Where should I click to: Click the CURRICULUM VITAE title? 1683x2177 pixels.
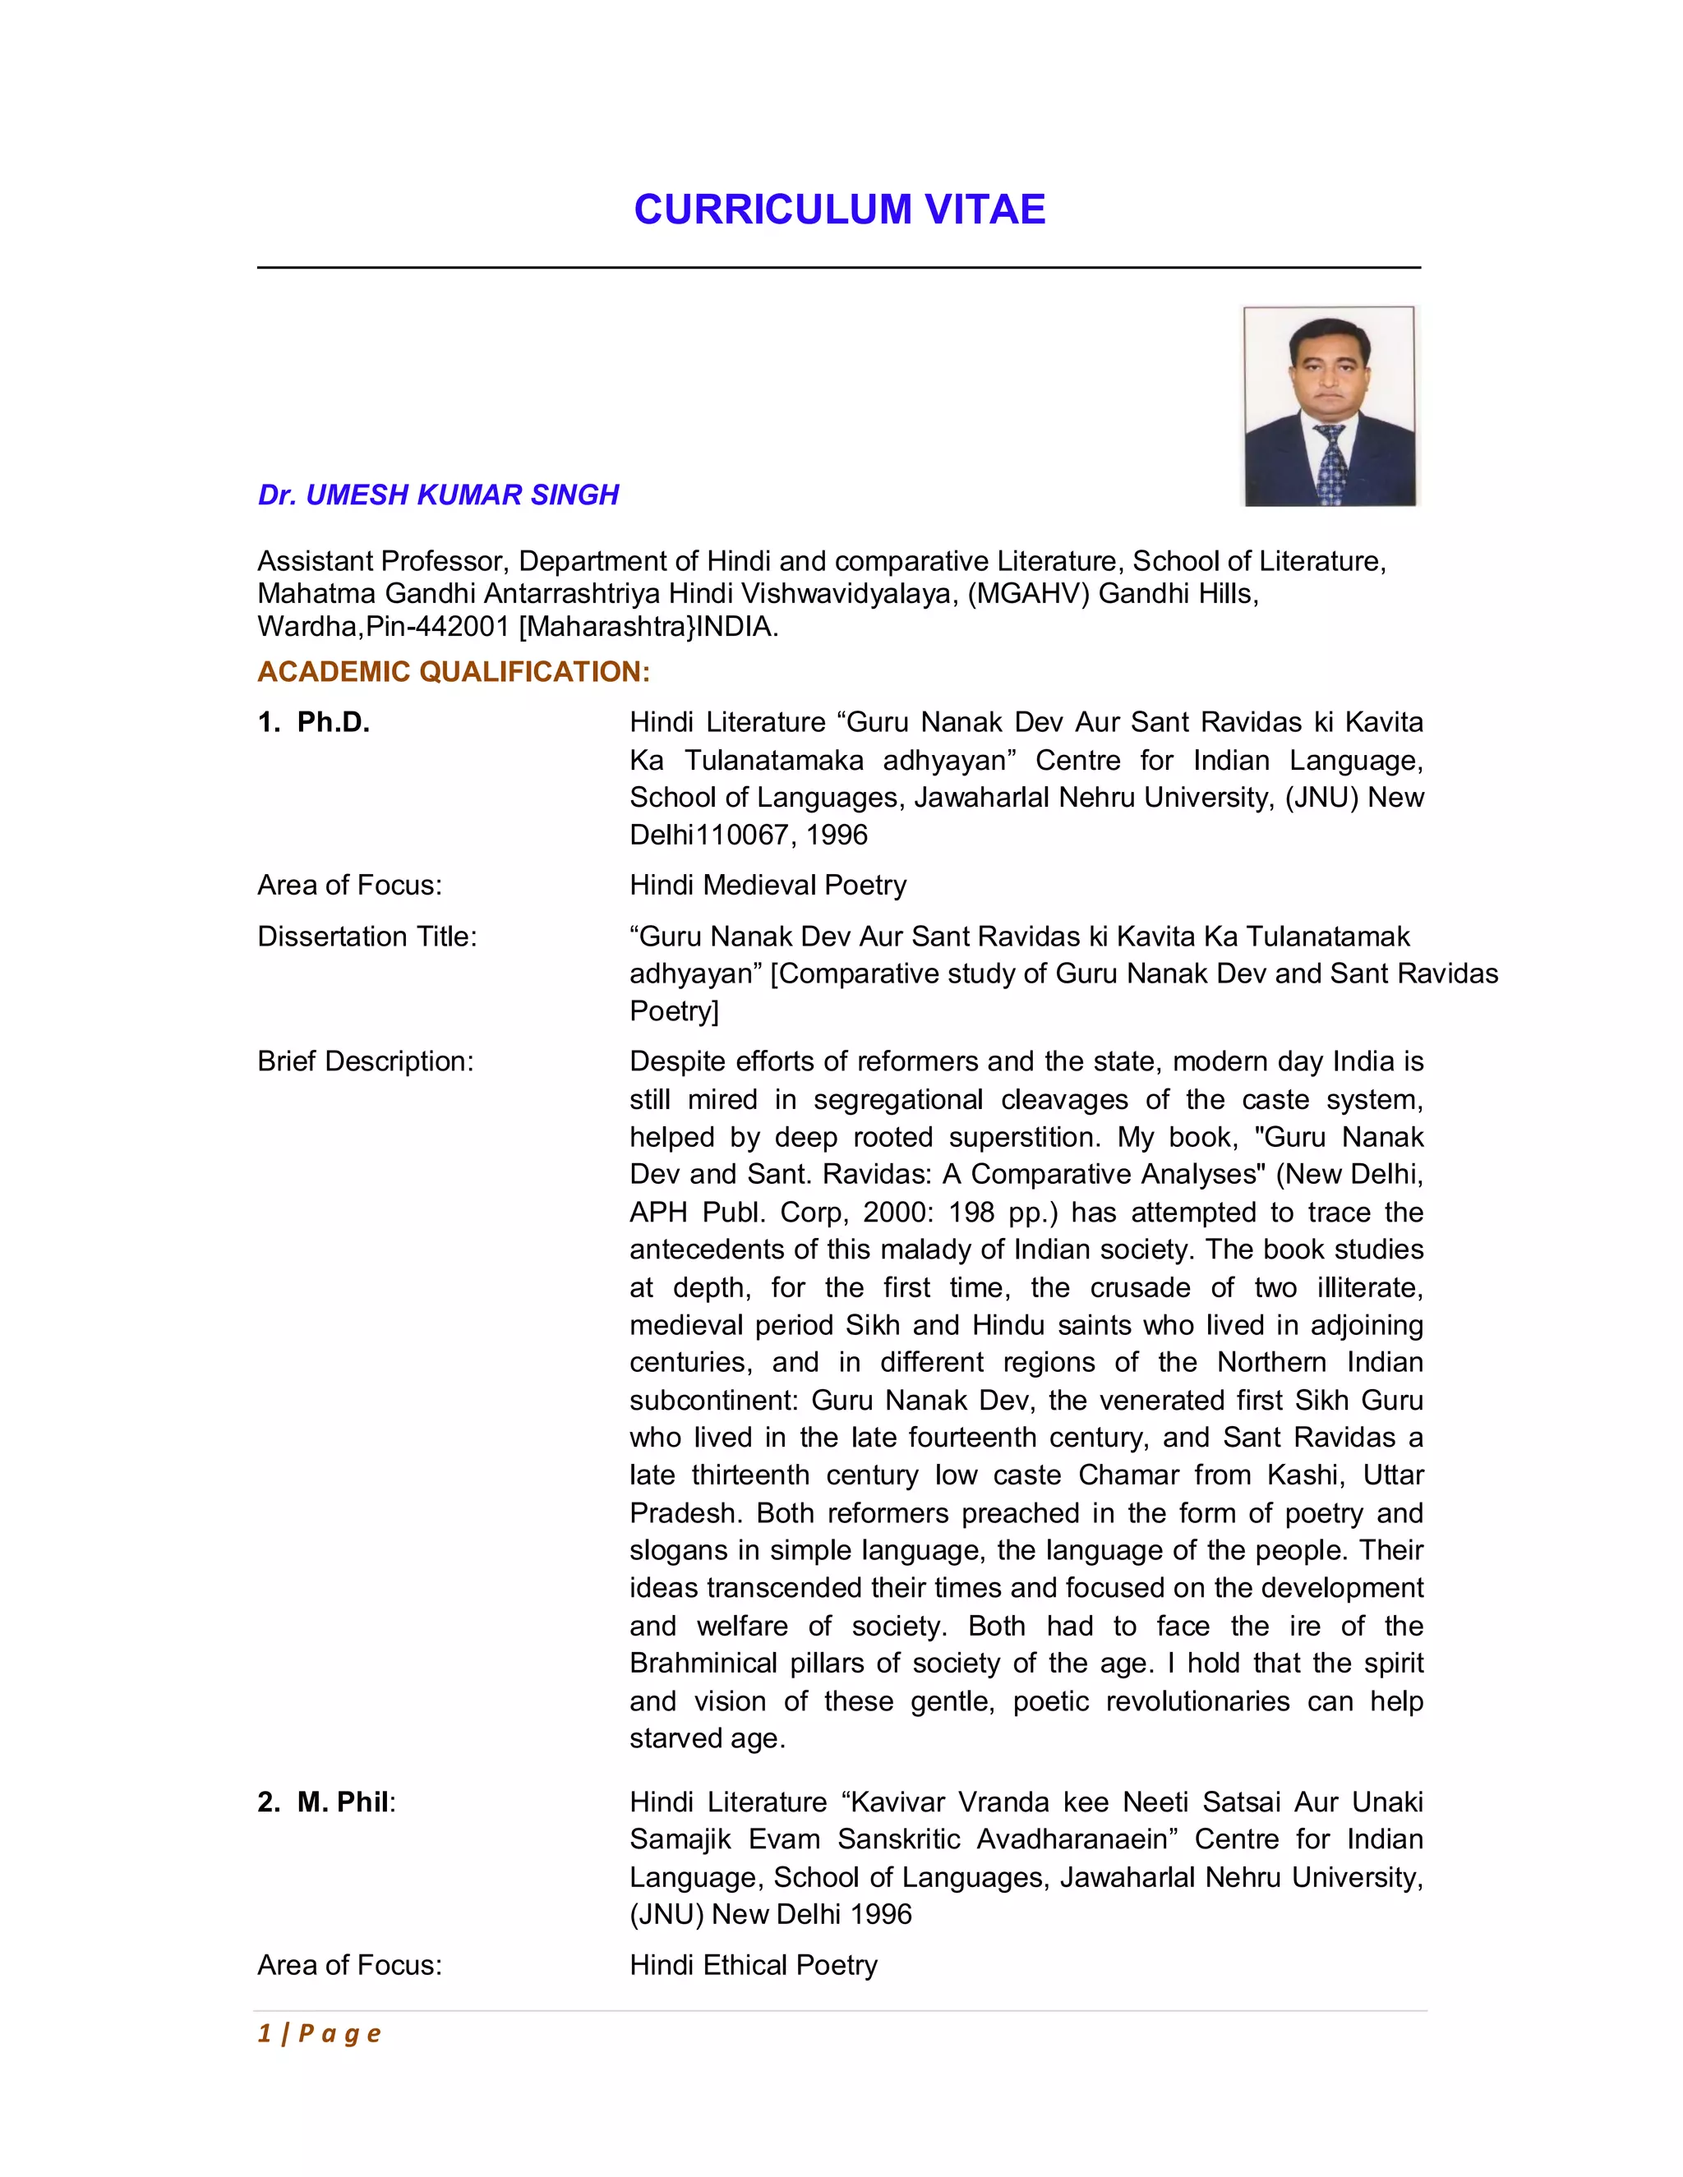pos(840,210)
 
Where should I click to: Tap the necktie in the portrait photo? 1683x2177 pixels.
pos(1331,463)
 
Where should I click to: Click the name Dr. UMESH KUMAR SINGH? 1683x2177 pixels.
pos(438,495)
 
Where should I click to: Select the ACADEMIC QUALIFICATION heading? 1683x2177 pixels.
pos(453,672)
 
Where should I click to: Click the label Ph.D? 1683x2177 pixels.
pos(333,723)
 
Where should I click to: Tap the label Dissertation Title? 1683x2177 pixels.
pos(367,937)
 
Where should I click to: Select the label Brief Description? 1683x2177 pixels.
pos(365,1061)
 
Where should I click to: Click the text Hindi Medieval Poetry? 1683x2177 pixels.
pos(768,885)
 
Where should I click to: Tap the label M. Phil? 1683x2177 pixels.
pos(342,1802)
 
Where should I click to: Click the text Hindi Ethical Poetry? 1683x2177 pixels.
pos(753,1965)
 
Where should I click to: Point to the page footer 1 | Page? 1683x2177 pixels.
pos(319,2032)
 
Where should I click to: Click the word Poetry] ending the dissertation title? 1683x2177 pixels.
pos(674,1012)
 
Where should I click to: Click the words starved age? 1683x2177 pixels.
pos(707,1738)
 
